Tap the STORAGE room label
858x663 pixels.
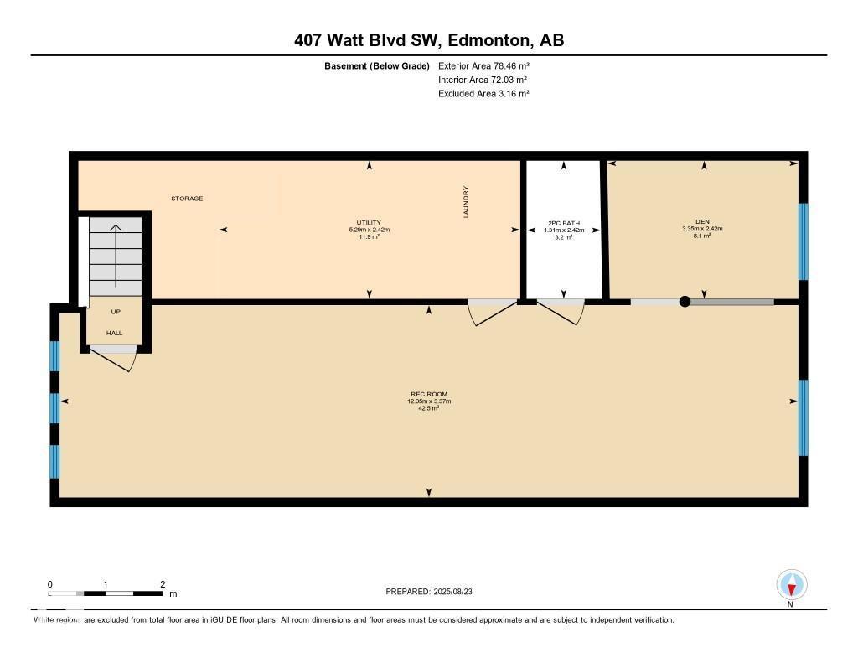pyautogui.click(x=187, y=199)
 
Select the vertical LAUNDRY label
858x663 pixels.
pyautogui.click(x=467, y=202)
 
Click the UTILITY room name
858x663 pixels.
pyautogui.click(x=370, y=223)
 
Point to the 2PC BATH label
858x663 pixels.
pyautogui.click(x=563, y=223)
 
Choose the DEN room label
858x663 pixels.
pyautogui.click(x=702, y=222)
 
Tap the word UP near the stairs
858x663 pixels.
pyautogui.click(x=116, y=312)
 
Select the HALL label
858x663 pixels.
pyautogui.click(x=114, y=333)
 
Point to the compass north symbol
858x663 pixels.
pyautogui.click(x=791, y=585)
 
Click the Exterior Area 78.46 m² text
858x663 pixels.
pyautogui.click(x=483, y=65)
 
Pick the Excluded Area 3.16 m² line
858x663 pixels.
pyautogui.click(x=483, y=94)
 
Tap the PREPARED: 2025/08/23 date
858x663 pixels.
pyautogui.click(x=429, y=592)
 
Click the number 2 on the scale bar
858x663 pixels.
pyautogui.click(x=162, y=584)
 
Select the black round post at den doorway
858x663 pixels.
pyautogui.click(x=685, y=302)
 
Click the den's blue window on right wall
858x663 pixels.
pyautogui.click(x=803, y=241)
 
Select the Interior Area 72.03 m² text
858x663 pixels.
pyautogui.click(x=483, y=80)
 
